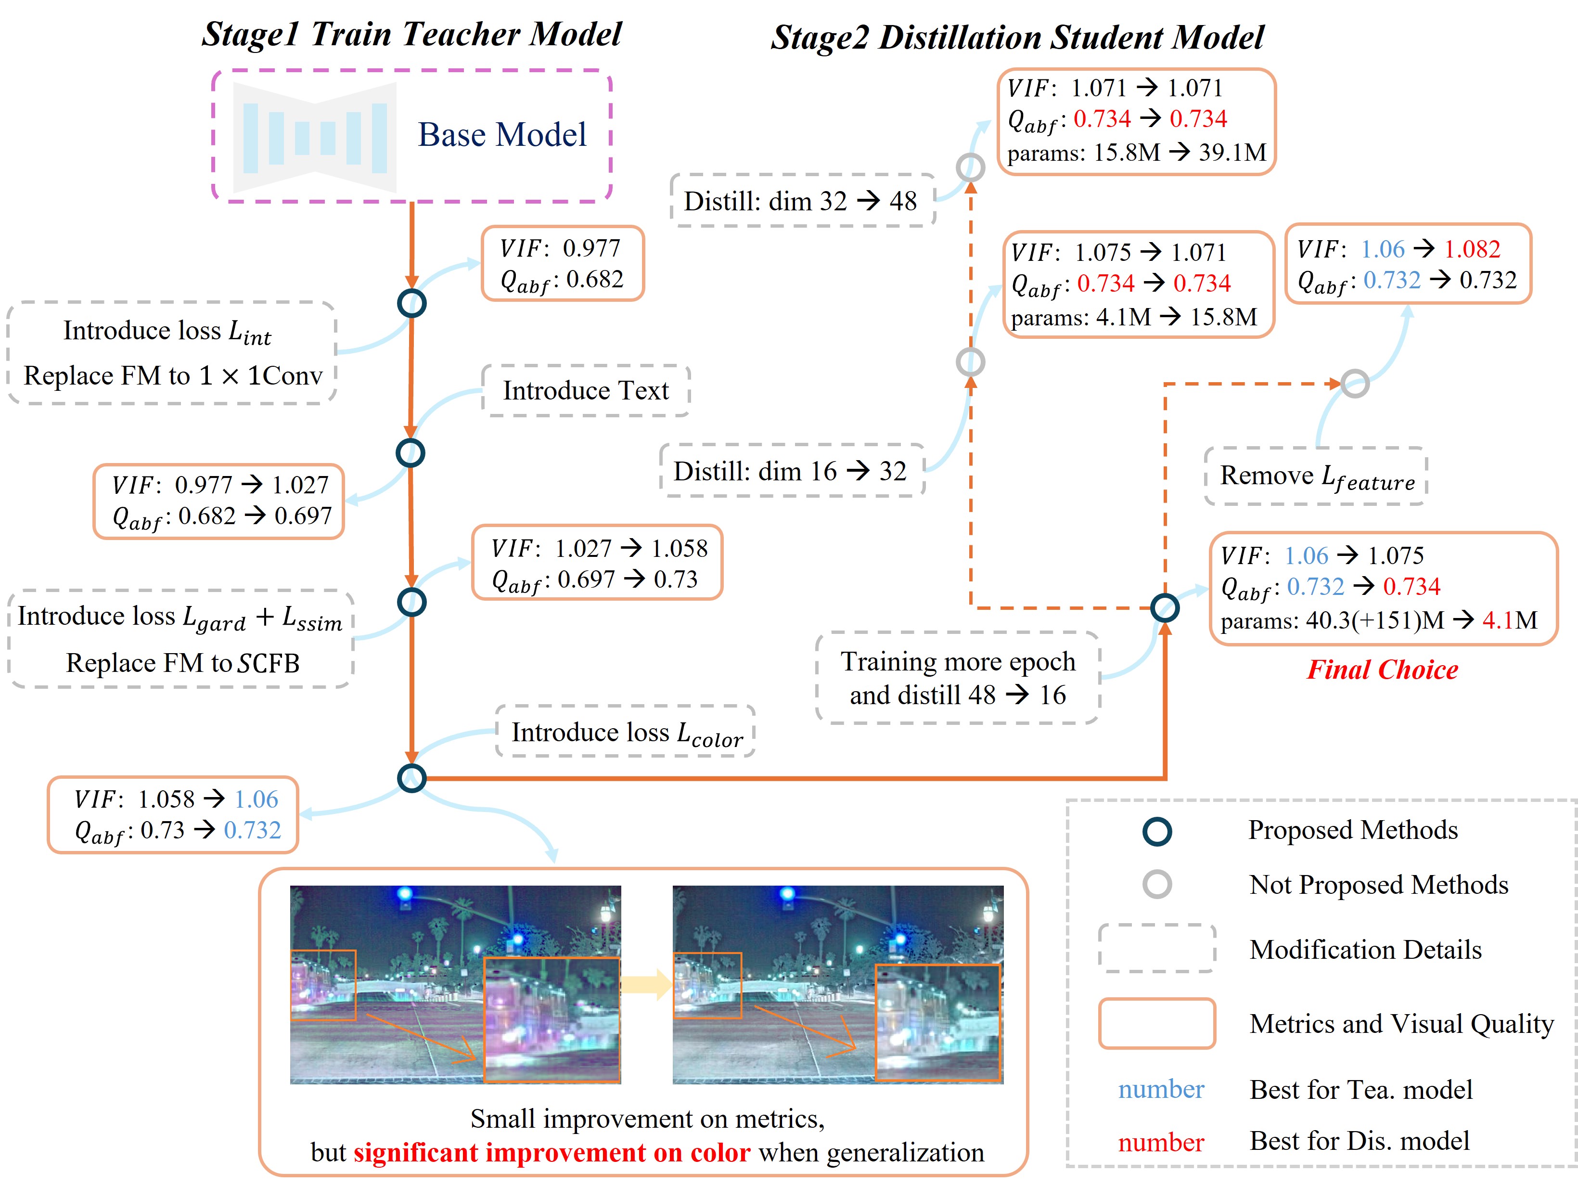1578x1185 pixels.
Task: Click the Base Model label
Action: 501,135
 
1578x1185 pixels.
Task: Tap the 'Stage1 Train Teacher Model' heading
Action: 411,34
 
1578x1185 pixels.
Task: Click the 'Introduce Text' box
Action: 586,390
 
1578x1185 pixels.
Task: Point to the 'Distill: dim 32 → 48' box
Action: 801,201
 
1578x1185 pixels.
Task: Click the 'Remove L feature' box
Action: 1316,477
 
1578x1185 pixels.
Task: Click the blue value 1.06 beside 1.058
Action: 256,799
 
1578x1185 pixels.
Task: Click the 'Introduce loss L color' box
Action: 626,732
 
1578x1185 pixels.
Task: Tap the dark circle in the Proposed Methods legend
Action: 1156,831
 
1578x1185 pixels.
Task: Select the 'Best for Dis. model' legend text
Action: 1359,1141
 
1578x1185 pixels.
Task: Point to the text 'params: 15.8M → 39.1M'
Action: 1136,152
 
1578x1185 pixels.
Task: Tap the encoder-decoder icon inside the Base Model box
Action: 315,137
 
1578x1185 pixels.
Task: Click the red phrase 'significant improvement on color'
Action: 552,1152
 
